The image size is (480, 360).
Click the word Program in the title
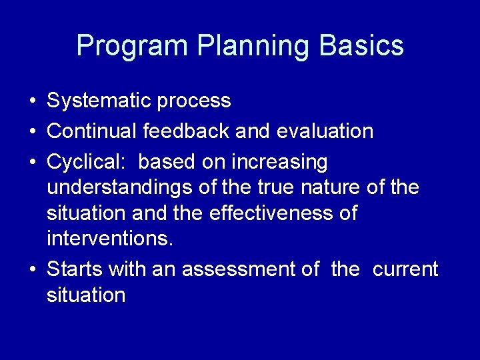tap(132, 47)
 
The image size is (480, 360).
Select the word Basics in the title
tap(361, 47)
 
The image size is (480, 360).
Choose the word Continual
tap(92, 131)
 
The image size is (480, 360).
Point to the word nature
tap(331, 188)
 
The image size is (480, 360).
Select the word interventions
tap(109, 239)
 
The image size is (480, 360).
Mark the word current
tap(405, 269)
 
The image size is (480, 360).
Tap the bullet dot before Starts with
tap(32, 270)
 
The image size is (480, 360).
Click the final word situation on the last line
tap(86, 295)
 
